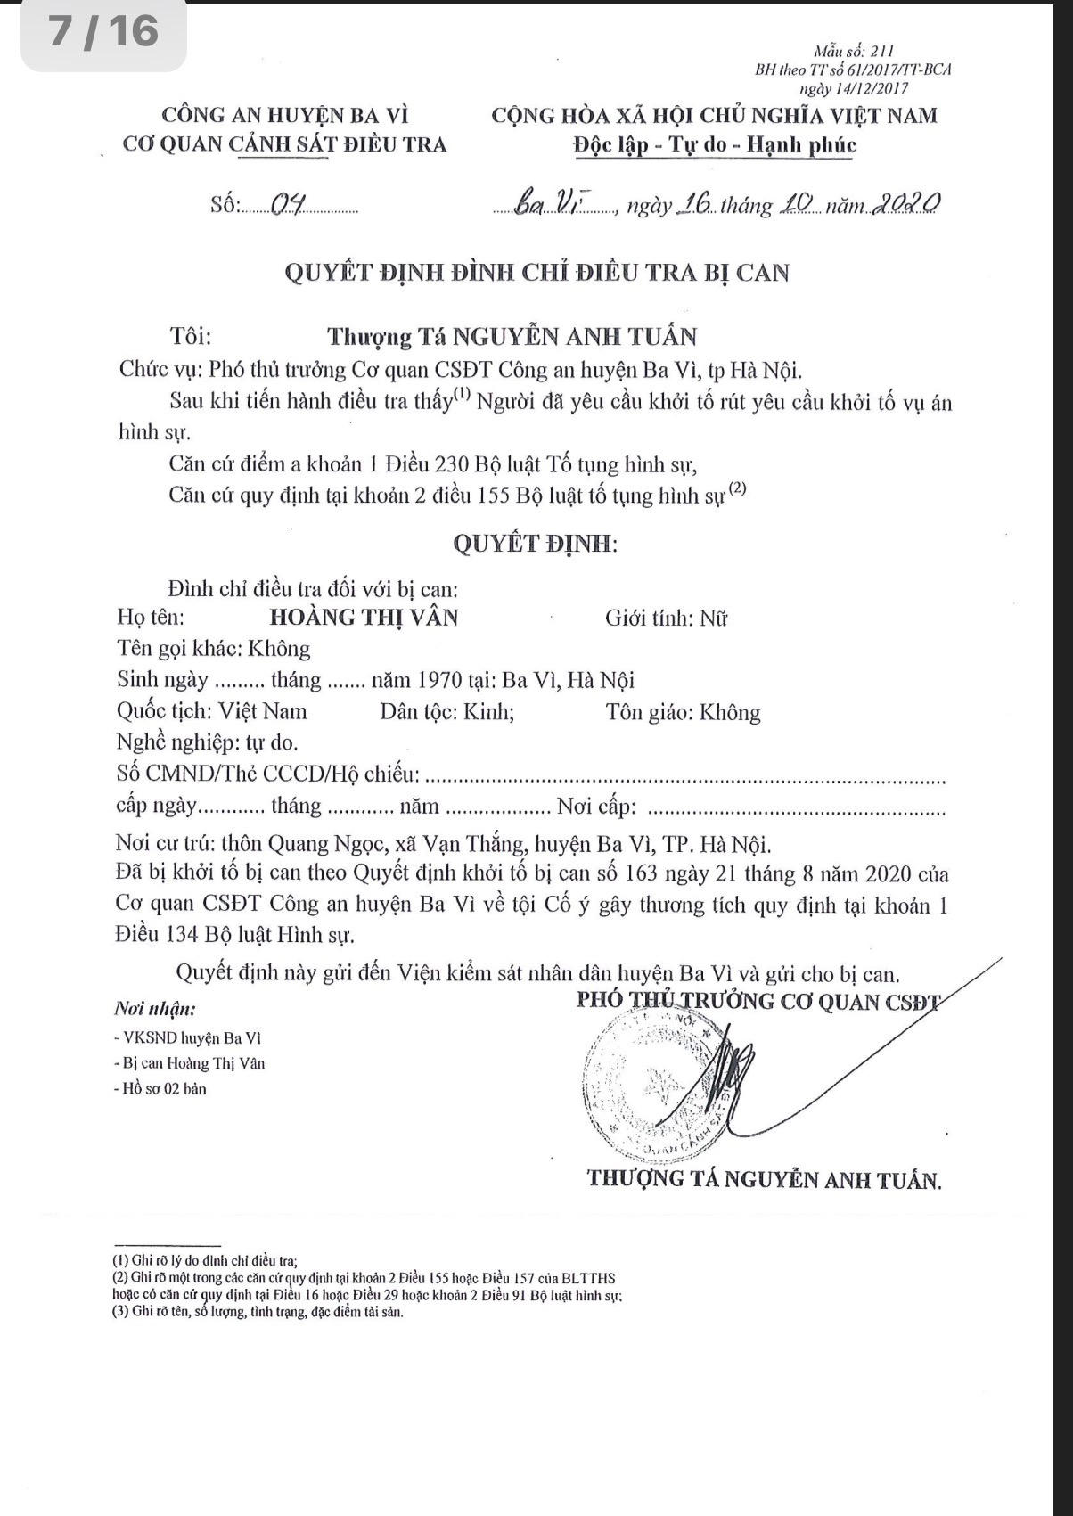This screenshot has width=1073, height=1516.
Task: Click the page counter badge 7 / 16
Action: click(103, 33)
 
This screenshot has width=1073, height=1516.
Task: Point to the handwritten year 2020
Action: click(905, 204)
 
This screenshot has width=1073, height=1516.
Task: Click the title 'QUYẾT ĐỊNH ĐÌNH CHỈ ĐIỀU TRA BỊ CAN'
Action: click(536, 272)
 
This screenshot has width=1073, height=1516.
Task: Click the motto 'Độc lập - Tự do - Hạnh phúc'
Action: click(714, 144)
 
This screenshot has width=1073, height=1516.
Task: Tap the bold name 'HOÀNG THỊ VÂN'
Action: click(364, 617)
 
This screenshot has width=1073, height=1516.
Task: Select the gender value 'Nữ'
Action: click(713, 618)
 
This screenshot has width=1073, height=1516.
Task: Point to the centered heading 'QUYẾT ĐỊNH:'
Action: click(535, 543)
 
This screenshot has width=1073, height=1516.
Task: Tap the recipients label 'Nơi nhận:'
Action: click(154, 1009)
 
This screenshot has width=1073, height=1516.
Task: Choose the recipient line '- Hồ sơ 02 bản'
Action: click(160, 1088)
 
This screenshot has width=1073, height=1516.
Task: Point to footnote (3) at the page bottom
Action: click(258, 1312)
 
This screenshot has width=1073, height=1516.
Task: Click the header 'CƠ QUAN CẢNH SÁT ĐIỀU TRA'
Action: click(284, 144)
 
